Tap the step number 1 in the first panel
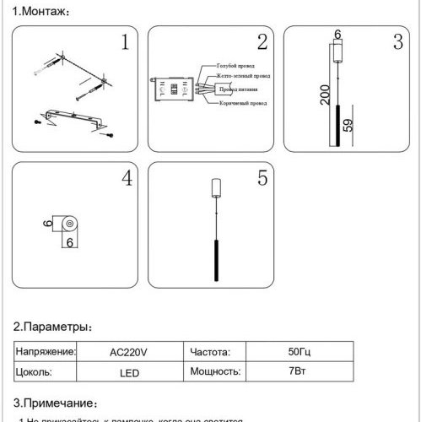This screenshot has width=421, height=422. [x=125, y=42]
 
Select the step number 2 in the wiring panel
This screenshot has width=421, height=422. [x=262, y=42]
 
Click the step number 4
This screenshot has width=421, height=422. [x=126, y=179]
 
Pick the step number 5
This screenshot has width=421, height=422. [x=262, y=179]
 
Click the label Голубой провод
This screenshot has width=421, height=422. [x=236, y=65]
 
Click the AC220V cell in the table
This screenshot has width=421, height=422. [x=128, y=352]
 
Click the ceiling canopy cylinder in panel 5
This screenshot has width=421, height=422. [x=213, y=187]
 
